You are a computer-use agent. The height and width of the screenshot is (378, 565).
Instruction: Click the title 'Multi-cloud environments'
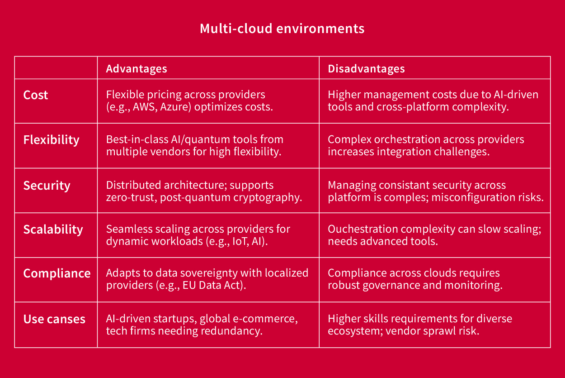pos(282,29)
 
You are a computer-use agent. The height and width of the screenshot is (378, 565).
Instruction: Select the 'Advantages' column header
pos(137,69)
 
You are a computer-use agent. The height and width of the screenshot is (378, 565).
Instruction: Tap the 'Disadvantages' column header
pos(366,69)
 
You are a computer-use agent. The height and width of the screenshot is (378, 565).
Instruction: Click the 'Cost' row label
pos(36,95)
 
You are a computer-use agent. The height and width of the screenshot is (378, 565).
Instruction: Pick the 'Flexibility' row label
pos(51,140)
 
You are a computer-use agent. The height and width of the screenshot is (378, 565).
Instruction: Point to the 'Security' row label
pos(47,186)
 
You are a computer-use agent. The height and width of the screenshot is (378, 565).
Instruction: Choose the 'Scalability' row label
pos(53,230)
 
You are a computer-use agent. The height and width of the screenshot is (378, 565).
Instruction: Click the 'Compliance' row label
pos(57,273)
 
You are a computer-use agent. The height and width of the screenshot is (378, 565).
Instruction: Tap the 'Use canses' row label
pos(54,319)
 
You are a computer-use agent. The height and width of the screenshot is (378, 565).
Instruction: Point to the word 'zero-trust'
pos(132,197)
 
